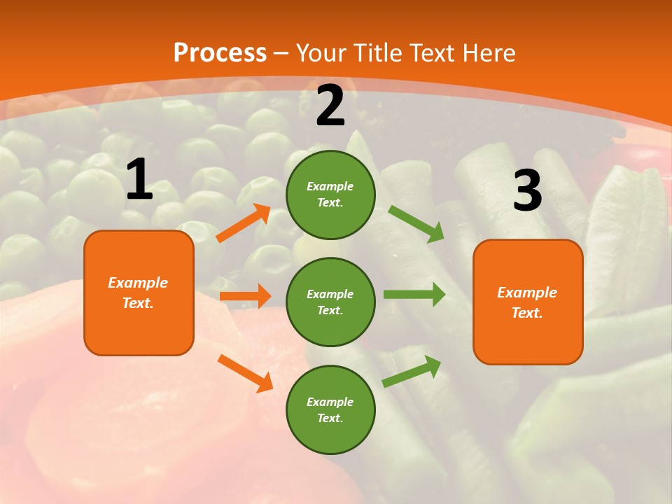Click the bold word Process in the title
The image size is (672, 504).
tap(220, 53)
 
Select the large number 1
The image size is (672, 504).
tap(139, 180)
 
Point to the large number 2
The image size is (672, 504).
tap(330, 106)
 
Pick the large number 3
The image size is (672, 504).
tap(527, 190)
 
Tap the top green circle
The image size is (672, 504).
tap(330, 195)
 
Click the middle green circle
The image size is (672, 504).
tap(330, 302)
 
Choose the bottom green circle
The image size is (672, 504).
tap(330, 409)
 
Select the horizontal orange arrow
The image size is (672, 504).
tap(245, 296)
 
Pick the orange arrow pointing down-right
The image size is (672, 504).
tap(245, 373)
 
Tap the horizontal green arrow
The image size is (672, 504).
tap(414, 294)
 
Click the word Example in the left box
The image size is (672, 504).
tap(138, 283)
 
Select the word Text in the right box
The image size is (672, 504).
tap(526, 313)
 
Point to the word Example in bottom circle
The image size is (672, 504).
tap(330, 402)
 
